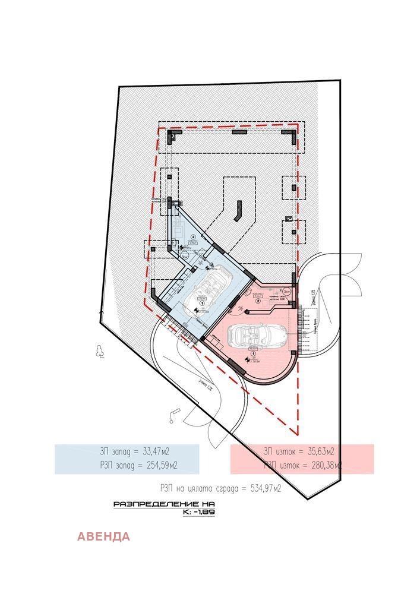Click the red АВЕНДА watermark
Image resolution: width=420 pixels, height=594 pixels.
click(x=103, y=537)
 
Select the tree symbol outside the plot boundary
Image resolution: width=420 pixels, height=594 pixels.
click(x=99, y=351)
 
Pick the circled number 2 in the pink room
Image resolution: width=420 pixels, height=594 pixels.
click(x=258, y=301)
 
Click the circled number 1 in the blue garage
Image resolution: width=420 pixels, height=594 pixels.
click(x=203, y=302)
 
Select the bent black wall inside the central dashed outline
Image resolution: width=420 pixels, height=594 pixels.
click(x=238, y=210)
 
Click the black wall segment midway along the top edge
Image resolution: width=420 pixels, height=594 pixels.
click(x=239, y=132)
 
